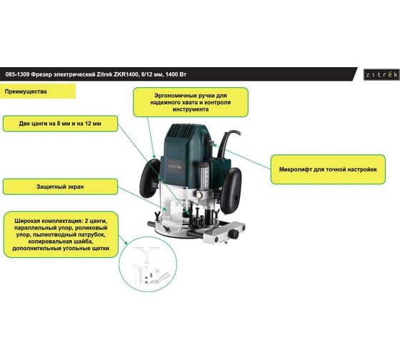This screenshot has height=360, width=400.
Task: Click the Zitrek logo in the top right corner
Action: (381, 74)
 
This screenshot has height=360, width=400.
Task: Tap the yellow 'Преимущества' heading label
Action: (38, 91)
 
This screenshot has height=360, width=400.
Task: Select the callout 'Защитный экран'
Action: (60, 186)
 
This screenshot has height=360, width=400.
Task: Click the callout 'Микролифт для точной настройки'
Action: (328, 169)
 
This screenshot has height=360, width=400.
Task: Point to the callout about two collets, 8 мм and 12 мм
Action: (60, 124)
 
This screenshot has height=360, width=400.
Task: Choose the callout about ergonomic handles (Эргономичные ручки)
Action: (191, 102)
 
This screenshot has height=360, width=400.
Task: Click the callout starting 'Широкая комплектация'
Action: (61, 234)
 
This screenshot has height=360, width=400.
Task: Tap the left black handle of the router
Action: (149, 178)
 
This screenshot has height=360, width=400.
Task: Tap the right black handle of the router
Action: (231, 190)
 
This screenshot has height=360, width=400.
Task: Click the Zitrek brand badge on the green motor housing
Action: (175, 166)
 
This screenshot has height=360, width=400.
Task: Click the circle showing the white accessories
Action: (148, 264)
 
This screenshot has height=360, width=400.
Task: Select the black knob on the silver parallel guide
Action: (233, 234)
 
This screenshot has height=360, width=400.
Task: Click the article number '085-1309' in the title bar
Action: (17, 74)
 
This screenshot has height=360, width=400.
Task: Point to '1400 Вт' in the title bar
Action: (176, 74)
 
